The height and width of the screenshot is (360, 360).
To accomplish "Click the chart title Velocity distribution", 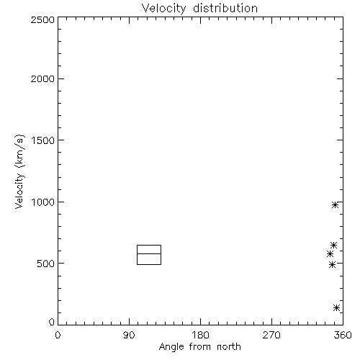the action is [199, 8].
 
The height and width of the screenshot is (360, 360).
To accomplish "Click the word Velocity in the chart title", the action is [164, 8].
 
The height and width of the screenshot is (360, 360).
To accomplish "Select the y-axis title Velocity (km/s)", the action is [19, 171].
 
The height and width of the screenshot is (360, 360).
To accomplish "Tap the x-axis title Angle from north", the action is [199, 347].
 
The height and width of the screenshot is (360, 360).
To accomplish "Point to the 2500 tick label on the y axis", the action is [42, 19].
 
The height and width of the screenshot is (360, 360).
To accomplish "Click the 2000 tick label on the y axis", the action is [42, 78].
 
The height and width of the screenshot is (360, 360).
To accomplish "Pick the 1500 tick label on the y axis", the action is [43, 140].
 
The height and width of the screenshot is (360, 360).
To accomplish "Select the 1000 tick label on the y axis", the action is [43, 202].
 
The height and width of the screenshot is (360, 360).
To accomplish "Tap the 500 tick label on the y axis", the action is [46, 264].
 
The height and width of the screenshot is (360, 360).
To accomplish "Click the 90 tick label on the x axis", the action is [129, 335].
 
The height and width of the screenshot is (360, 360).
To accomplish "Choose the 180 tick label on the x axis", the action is [200, 335].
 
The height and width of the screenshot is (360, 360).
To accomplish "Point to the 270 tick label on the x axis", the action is [271, 335].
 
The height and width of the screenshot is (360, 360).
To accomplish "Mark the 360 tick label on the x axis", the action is [343, 335].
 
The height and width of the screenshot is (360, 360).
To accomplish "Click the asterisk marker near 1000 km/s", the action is [336, 205].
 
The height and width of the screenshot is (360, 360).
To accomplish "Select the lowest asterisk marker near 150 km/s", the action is [336, 307].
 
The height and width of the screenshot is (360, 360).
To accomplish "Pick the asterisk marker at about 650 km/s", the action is [333, 245].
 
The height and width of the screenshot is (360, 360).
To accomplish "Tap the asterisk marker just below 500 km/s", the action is [332, 264].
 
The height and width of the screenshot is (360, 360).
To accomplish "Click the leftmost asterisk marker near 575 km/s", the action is [330, 253].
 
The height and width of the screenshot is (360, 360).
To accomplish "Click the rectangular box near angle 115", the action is [149, 245].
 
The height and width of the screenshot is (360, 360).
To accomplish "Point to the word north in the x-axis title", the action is [229, 347].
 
